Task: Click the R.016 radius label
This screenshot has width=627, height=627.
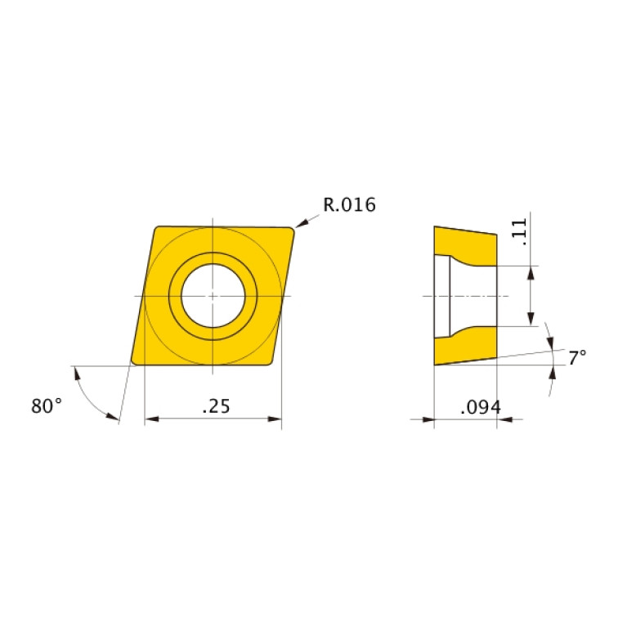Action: [349, 205]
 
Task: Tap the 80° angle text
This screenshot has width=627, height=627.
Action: [47, 405]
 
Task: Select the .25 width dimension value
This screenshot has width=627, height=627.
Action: [215, 405]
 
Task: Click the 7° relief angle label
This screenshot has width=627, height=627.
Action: [577, 357]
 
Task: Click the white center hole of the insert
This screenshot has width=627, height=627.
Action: [213, 295]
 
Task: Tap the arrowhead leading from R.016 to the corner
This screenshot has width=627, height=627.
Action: [301, 222]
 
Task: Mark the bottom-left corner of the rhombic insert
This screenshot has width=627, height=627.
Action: [135, 361]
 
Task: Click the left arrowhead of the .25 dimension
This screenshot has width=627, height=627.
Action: [150, 419]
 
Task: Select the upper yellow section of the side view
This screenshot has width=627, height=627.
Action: [466, 244]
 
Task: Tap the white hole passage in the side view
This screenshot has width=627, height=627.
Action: [472, 295]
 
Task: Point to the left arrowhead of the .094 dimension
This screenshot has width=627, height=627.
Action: [428, 420]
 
